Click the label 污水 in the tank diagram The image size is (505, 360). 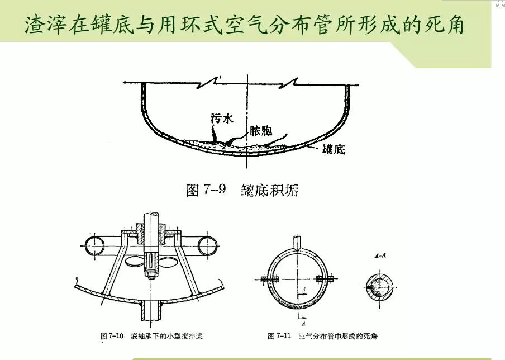pos(220,119)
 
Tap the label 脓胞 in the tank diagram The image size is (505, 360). pos(260,131)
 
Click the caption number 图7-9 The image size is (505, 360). pos(206,191)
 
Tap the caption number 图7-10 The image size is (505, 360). pos(112,337)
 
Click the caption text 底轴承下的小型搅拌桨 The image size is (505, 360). pos(166,337)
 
